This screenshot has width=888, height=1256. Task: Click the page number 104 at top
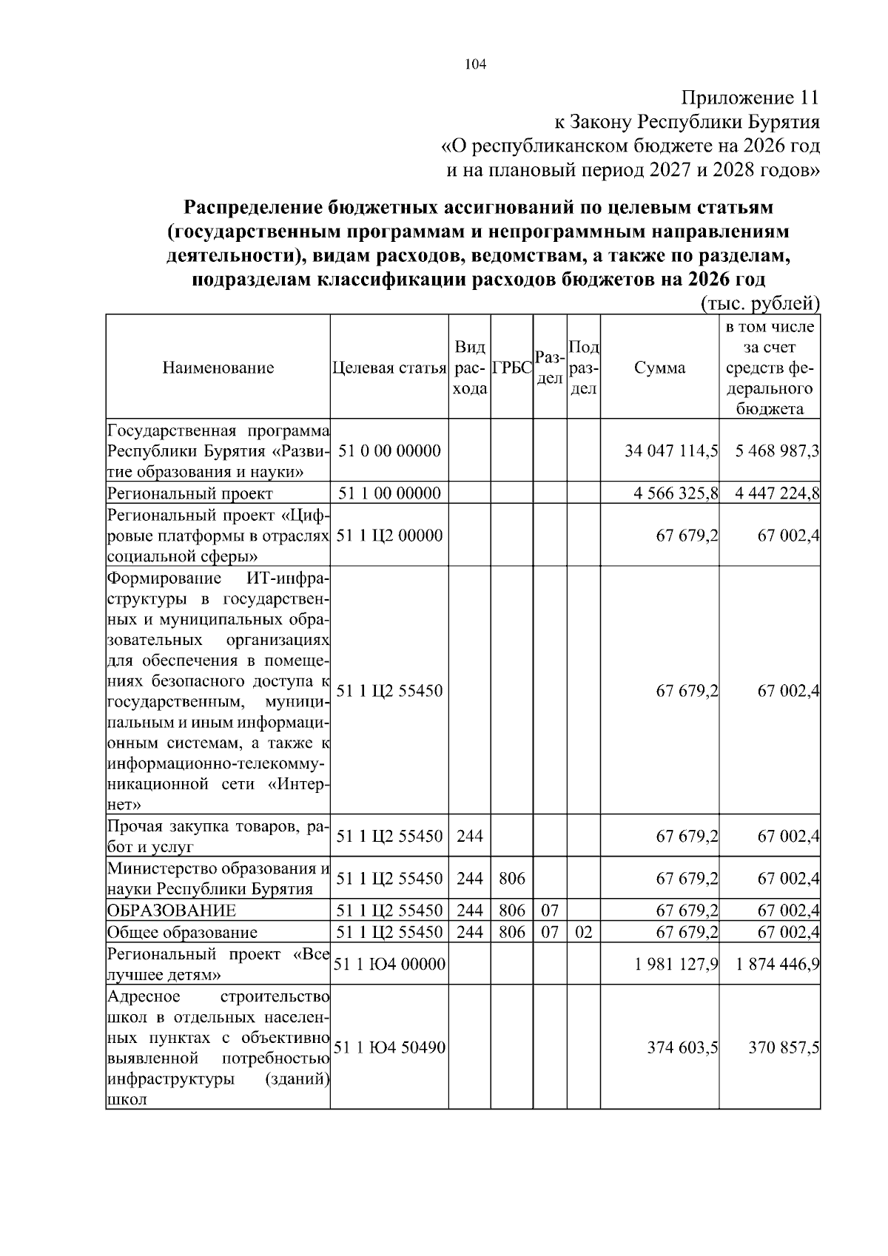click(475, 65)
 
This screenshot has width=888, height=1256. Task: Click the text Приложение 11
click(750, 98)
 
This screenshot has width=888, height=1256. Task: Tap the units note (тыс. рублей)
click(759, 303)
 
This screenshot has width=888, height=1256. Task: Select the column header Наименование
click(218, 368)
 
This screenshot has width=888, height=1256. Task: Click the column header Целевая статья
click(389, 368)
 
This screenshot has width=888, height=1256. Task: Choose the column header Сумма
click(659, 368)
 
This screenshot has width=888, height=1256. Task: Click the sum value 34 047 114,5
click(671, 451)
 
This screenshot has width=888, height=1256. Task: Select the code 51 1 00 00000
click(389, 493)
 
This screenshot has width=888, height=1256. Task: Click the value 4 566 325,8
click(676, 493)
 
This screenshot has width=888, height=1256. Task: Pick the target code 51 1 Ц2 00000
click(389, 536)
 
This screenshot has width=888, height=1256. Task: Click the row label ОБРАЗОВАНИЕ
click(172, 911)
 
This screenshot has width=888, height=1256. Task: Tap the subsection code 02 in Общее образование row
click(583, 932)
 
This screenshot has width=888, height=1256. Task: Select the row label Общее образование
click(182, 932)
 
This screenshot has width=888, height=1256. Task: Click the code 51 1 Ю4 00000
click(389, 964)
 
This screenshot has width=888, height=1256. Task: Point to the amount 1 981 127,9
click(676, 964)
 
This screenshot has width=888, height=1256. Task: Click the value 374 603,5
click(682, 1047)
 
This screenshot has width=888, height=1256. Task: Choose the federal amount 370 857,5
click(783, 1047)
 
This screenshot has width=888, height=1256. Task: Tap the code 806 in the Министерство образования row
click(511, 879)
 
